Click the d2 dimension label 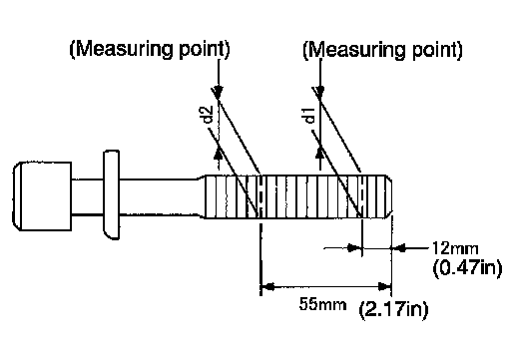(x=209, y=115)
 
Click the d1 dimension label (x=309, y=116)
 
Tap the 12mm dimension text (x=455, y=248)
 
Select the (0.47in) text (x=467, y=268)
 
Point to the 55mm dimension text (x=322, y=304)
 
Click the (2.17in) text (x=393, y=310)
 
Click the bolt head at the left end (x=42, y=196)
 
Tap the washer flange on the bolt (x=112, y=194)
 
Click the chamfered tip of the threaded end (x=389, y=196)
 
